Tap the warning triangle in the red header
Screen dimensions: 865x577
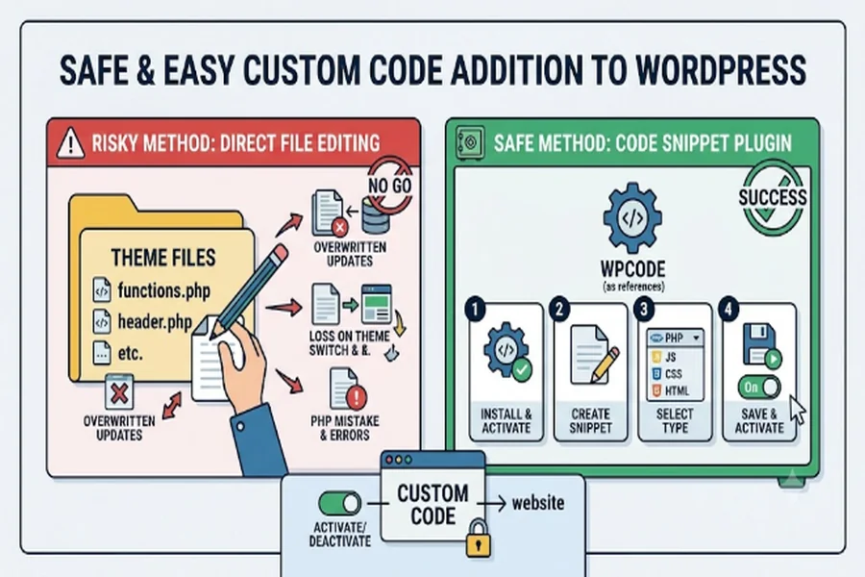click(x=70, y=143)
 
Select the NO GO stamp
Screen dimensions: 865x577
click(x=390, y=186)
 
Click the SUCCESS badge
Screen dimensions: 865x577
click(x=773, y=197)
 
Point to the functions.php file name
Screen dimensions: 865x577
click(x=163, y=290)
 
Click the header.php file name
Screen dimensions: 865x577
click(x=155, y=321)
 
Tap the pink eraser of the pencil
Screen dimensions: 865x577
click(x=279, y=254)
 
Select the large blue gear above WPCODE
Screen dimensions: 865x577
click(x=632, y=218)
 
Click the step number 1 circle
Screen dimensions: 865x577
click(x=476, y=310)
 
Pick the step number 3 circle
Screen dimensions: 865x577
click(x=644, y=310)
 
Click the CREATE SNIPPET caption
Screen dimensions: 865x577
click(x=590, y=421)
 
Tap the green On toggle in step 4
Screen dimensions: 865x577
click(x=759, y=388)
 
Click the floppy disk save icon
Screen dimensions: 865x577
click(x=759, y=344)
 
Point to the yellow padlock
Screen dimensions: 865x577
click(x=478, y=538)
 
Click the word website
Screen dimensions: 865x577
click(x=538, y=503)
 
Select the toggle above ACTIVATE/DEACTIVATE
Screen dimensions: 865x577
click(x=340, y=504)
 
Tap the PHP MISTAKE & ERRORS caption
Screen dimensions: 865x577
click(x=345, y=428)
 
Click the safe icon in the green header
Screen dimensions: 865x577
click(x=471, y=143)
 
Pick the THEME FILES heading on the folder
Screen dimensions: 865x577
click(x=163, y=258)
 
